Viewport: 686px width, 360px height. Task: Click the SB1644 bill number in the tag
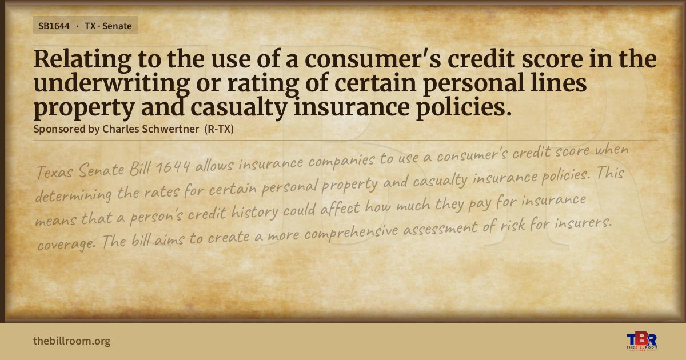tap(54, 26)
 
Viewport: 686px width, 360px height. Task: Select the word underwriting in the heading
tap(112, 84)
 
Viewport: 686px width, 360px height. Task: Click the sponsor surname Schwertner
tap(170, 129)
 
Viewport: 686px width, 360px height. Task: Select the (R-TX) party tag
tap(219, 129)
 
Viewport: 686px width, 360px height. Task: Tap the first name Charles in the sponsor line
tap(121, 129)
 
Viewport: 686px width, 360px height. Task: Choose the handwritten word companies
tap(341, 162)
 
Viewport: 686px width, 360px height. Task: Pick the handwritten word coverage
tap(66, 244)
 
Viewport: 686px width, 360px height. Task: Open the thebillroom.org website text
tap(72, 341)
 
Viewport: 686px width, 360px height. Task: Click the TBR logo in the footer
tap(641, 341)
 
